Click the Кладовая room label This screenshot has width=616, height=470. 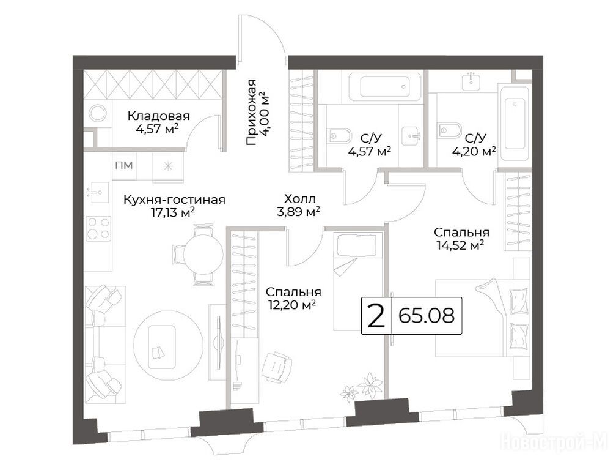point(158,116)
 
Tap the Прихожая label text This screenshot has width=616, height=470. point(251,113)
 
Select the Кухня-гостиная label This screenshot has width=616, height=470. point(174,200)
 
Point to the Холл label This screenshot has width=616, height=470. point(300,199)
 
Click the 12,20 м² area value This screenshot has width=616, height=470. point(293,304)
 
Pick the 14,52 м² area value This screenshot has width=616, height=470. point(460,245)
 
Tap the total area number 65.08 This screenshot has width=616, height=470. point(427,315)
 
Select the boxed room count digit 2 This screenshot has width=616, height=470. point(376,315)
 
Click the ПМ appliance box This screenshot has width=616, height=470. point(123,166)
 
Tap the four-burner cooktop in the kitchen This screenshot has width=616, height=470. point(98,228)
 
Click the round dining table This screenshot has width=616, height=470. point(204,254)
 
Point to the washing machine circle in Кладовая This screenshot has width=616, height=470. point(98,113)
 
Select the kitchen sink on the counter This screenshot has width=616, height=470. point(97,192)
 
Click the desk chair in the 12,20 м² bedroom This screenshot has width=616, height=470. point(277,367)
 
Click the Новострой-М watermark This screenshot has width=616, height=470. point(555,442)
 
